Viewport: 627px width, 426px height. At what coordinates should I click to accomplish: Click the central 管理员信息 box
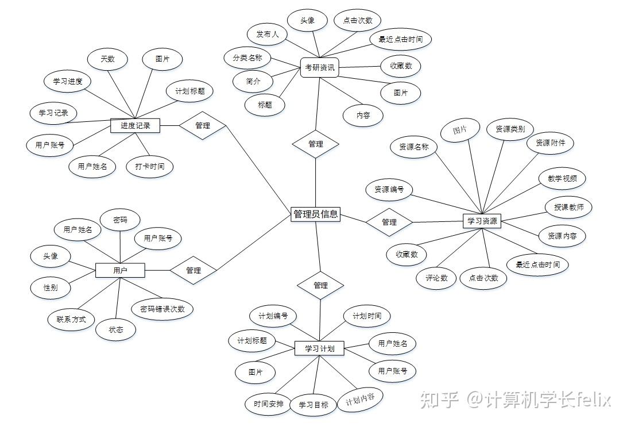click(315, 214)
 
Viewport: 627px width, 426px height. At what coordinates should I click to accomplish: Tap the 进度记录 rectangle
click(135, 125)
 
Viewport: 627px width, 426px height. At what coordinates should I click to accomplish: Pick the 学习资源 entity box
click(482, 221)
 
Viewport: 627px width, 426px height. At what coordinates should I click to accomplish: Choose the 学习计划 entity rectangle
click(319, 348)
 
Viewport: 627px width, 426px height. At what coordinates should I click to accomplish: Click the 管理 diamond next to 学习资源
click(389, 222)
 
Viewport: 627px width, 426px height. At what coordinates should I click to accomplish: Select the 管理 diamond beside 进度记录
click(202, 125)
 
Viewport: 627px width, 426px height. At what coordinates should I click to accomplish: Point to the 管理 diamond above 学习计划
click(320, 285)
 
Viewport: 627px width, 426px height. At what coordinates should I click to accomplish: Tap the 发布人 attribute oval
click(268, 34)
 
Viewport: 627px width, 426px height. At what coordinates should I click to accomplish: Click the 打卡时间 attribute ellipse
click(149, 167)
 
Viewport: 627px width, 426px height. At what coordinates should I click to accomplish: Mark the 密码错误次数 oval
click(162, 309)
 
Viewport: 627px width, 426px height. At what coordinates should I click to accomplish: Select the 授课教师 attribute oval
click(568, 207)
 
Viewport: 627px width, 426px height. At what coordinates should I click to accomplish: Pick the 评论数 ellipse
click(436, 278)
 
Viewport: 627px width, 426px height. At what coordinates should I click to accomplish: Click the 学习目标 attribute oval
click(313, 405)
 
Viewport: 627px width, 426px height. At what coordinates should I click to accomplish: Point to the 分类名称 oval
click(247, 57)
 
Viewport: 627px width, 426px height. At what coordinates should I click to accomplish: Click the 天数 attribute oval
click(107, 59)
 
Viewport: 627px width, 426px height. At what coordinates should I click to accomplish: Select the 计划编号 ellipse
click(273, 316)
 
